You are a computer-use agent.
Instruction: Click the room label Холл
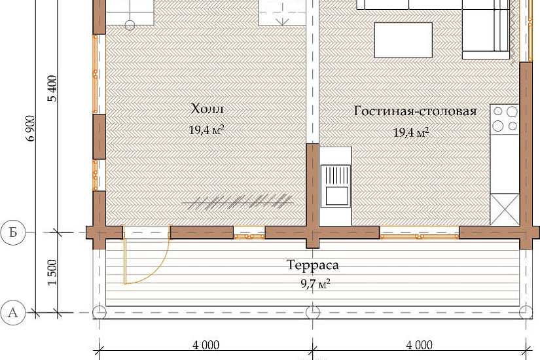(x=207, y=109)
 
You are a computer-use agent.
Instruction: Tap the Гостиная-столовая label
(x=416, y=111)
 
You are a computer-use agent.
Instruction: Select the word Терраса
(x=313, y=264)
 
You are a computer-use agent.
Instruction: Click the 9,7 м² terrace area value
(x=315, y=284)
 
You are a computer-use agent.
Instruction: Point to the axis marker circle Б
(x=13, y=232)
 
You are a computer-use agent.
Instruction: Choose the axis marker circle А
(x=13, y=312)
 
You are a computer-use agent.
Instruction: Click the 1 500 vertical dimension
(x=52, y=272)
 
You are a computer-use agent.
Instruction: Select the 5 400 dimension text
(x=53, y=88)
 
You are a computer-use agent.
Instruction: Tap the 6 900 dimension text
(x=30, y=128)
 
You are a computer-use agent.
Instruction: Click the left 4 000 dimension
(x=206, y=345)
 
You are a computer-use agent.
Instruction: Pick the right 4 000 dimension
(x=419, y=345)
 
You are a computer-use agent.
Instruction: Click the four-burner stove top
(x=505, y=119)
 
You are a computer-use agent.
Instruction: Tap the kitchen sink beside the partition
(x=336, y=186)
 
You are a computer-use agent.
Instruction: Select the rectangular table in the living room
(x=403, y=40)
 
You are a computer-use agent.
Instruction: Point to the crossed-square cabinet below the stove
(x=505, y=209)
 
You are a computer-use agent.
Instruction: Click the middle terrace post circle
(x=313, y=312)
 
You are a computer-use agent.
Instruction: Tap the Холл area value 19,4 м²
(x=206, y=130)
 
